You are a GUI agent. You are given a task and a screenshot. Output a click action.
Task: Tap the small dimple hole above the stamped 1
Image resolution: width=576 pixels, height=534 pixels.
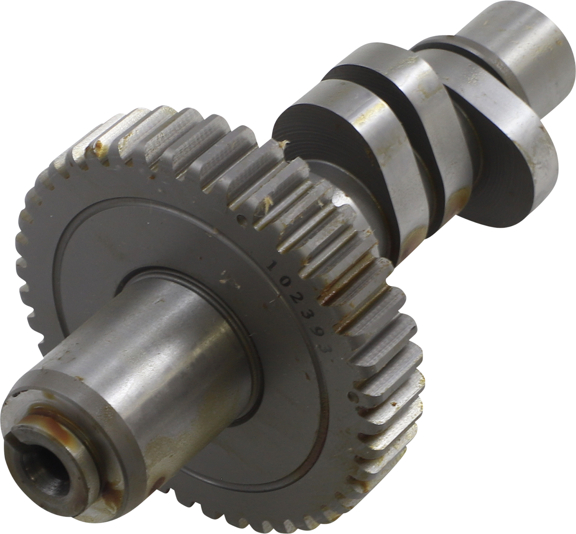pos(241,219)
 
